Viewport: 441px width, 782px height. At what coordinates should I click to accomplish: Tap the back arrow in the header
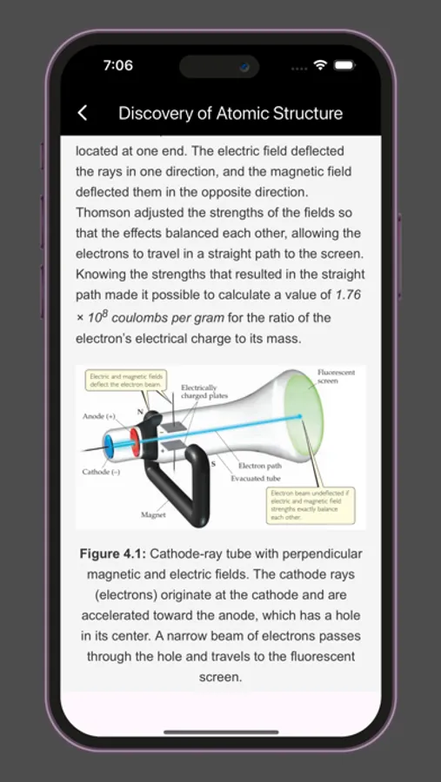click(x=83, y=113)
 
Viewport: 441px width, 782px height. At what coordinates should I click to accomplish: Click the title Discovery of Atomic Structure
click(x=231, y=113)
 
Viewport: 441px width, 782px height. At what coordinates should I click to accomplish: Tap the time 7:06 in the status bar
click(x=118, y=65)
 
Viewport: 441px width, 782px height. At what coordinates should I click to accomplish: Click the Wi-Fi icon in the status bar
click(x=320, y=65)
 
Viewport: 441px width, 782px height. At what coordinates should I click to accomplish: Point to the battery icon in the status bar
click(x=344, y=65)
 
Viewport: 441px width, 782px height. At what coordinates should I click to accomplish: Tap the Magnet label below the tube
click(x=153, y=515)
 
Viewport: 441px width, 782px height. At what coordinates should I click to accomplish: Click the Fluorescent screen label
click(x=336, y=376)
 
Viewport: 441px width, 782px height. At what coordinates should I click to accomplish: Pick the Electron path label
click(x=258, y=466)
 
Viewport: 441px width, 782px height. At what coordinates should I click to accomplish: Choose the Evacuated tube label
click(x=255, y=479)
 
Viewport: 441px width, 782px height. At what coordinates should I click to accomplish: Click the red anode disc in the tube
click(x=136, y=440)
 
